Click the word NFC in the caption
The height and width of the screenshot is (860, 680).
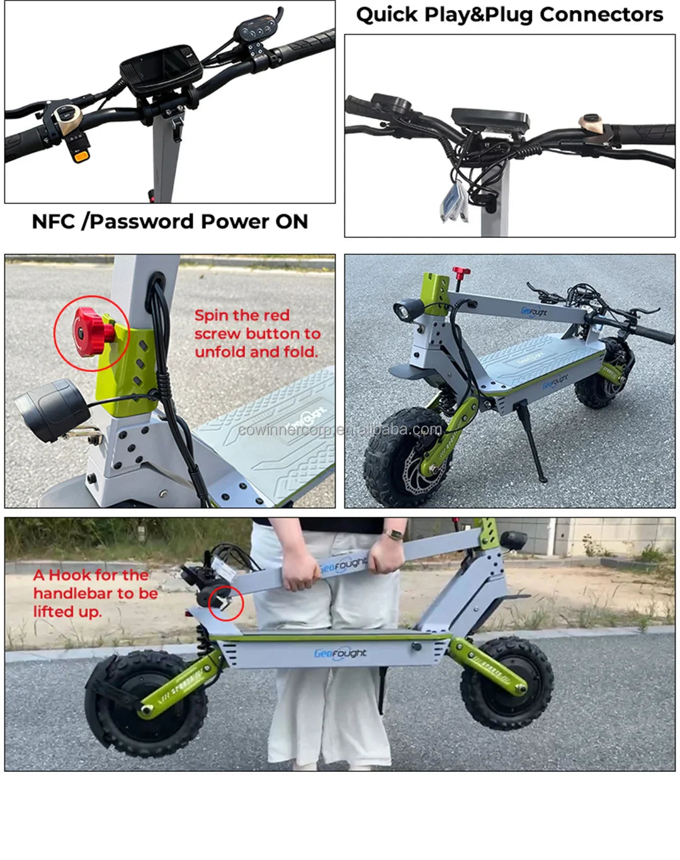(x=54, y=221)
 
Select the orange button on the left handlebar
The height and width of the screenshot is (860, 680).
(x=81, y=156)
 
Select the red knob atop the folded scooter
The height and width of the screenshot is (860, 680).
(x=461, y=273)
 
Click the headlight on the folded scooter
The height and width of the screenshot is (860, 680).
(x=402, y=309)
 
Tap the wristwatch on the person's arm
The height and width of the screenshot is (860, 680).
(x=394, y=535)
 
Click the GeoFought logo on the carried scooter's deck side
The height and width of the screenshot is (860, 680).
(x=340, y=653)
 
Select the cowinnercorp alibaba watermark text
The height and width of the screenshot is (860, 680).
(x=340, y=430)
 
